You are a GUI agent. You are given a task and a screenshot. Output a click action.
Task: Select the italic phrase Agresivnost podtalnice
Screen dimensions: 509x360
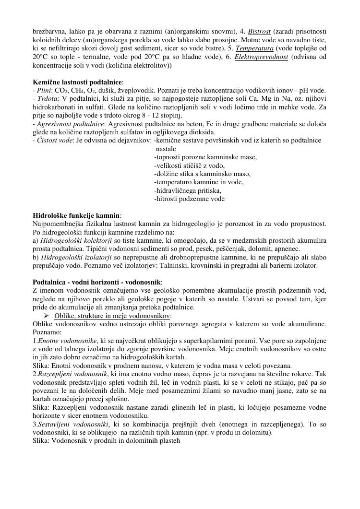pos(69,124)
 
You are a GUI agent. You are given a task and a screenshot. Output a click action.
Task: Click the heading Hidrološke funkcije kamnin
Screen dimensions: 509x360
pos(76,215)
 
